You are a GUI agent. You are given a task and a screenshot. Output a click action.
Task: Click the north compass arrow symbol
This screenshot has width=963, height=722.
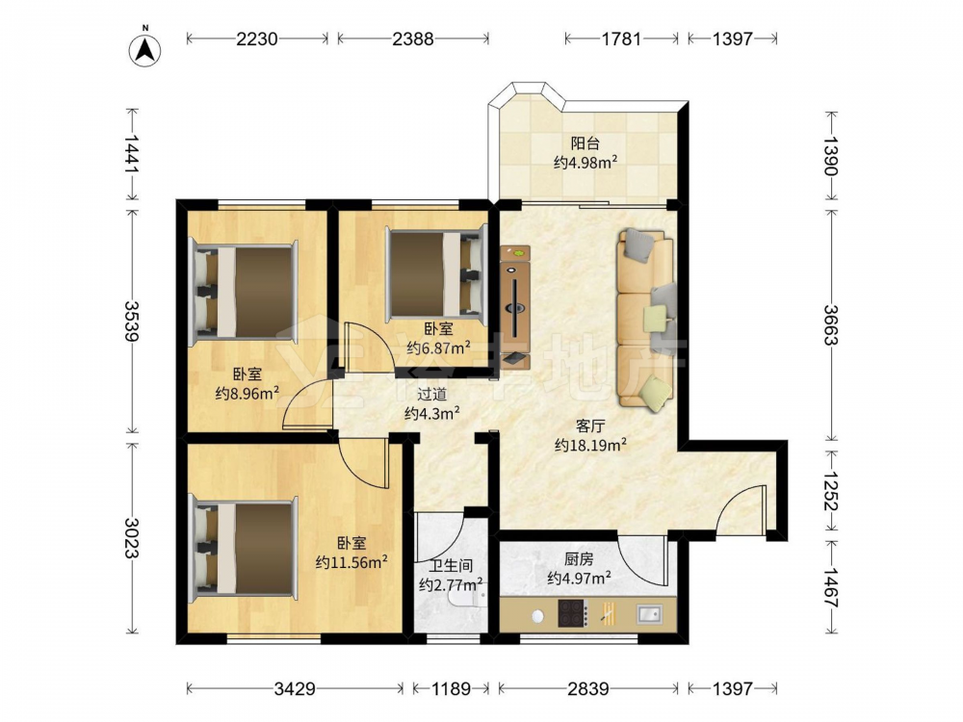tap(145, 49)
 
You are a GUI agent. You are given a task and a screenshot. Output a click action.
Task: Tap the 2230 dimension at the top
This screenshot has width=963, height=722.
tap(257, 39)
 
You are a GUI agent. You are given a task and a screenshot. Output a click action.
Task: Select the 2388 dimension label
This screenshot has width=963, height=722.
tap(413, 39)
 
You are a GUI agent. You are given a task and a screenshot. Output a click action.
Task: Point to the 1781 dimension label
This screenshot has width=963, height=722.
tap(621, 39)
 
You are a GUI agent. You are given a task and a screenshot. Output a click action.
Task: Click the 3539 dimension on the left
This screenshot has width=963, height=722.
tap(132, 321)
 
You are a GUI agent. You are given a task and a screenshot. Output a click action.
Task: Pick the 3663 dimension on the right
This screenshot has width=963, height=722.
tap(831, 324)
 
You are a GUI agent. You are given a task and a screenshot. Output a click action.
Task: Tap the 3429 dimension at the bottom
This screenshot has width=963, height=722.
tap(295, 688)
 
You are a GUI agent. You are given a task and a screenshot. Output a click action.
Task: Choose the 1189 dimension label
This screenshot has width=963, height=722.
tap(451, 688)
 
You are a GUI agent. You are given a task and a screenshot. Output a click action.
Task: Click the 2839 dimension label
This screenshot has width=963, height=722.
tap(587, 688)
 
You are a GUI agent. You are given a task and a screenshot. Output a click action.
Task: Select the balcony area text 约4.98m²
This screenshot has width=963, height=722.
tap(586, 163)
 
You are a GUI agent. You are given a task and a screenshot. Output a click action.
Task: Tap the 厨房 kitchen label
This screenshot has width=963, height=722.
tap(579, 559)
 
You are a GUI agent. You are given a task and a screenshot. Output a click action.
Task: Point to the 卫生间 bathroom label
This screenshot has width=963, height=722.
tap(451, 565)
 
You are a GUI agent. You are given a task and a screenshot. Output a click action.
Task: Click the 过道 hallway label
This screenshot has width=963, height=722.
tap(431, 394)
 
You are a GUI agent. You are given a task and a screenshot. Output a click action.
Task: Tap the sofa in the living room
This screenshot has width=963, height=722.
tap(646, 320)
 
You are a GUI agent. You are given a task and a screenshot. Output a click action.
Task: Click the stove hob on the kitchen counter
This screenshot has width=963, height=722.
tap(573, 613)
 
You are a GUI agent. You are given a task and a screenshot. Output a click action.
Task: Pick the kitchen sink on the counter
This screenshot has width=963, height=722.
tap(649, 613)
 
